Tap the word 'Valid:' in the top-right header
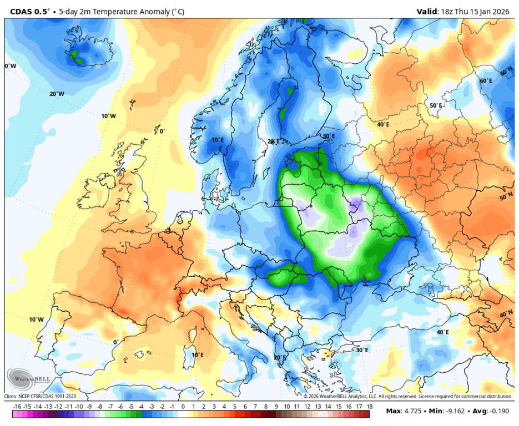pos(429,11)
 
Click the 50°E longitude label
pos(436,105)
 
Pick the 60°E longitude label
pos(486,80)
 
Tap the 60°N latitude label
pos(506,73)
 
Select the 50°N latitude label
pos(506,197)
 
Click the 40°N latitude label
pos(506,313)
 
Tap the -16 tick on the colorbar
pos(17,407)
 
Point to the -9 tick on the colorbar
pos(89,407)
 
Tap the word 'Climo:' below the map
pos(12,397)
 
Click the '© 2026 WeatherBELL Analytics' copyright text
pos(339,397)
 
